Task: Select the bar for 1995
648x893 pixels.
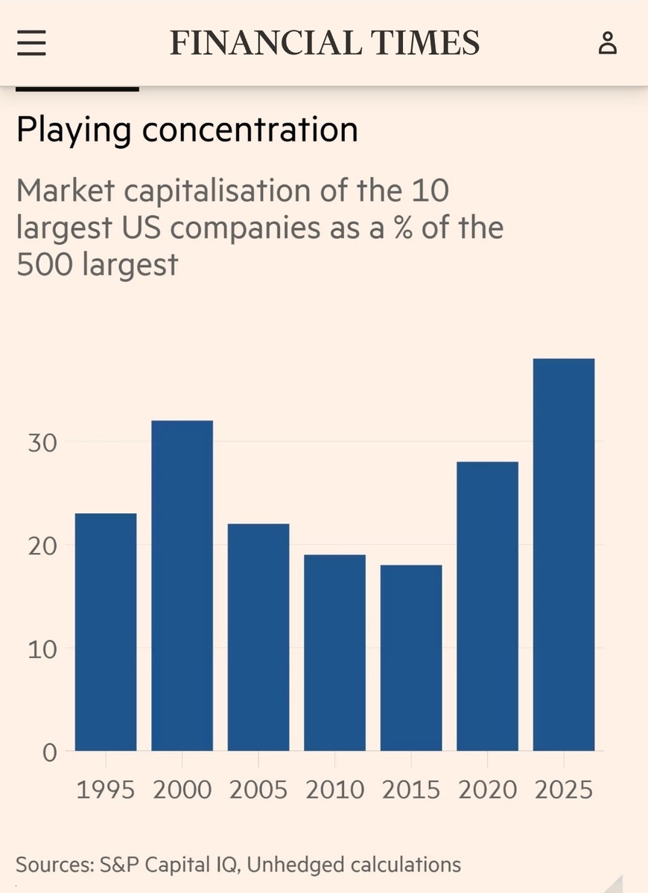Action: coord(106,632)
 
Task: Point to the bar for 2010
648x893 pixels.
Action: coord(334,653)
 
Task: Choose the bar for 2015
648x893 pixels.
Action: coord(411,658)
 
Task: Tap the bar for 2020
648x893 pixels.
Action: coord(487,606)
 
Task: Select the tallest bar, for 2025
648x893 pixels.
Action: coord(564,554)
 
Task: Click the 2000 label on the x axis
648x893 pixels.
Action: coord(182,790)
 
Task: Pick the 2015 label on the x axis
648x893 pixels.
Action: coord(411,790)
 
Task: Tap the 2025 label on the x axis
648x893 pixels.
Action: coord(564,790)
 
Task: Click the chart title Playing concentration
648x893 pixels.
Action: coord(187,129)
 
